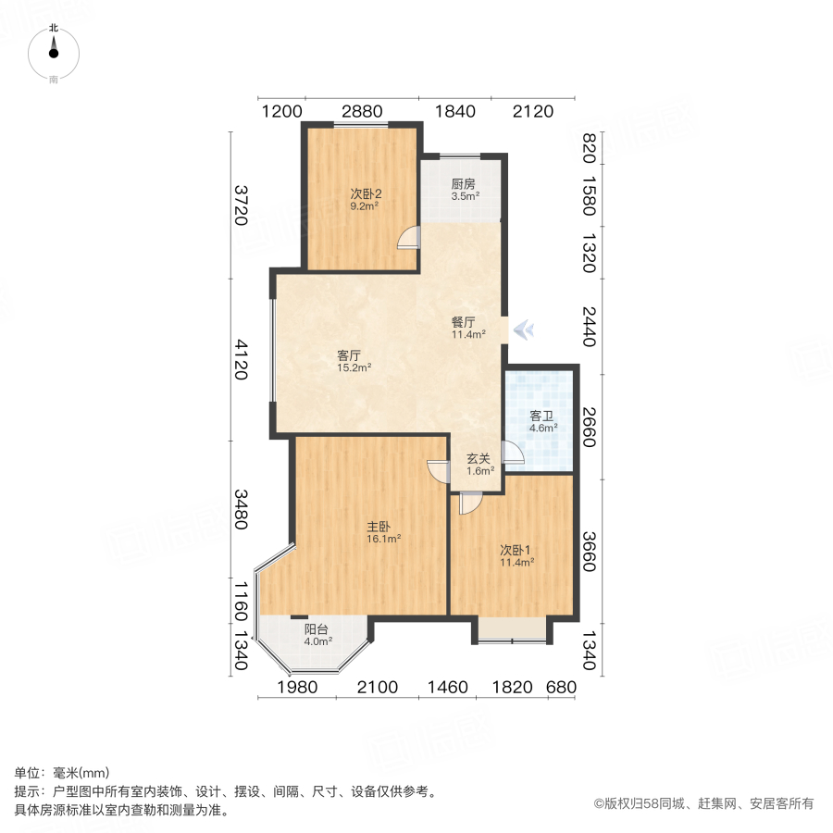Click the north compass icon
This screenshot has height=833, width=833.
tap(54, 53)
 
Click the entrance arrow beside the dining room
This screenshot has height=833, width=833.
tap(524, 329)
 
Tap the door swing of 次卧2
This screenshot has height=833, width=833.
tap(407, 239)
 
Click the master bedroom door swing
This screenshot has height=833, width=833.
tap(438, 470)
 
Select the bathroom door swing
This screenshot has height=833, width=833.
tap(512, 454)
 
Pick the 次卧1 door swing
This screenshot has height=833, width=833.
tap(469, 504)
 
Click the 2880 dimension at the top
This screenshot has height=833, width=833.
tap(362, 112)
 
